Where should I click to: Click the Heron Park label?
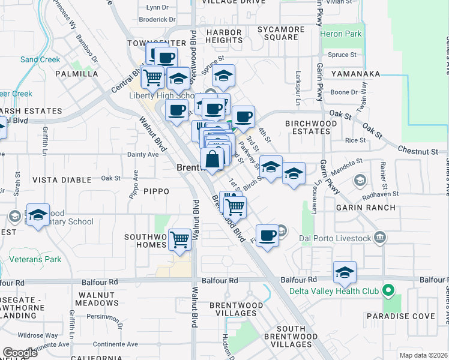(x=341, y=34)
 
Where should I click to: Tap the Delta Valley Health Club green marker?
(x=388, y=291)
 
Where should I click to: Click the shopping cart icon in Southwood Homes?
(x=180, y=239)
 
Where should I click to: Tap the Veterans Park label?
(x=35, y=260)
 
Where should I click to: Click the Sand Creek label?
(x=40, y=59)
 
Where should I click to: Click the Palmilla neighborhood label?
(x=76, y=74)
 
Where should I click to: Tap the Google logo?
(x=20, y=352)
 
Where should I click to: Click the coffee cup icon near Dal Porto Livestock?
(x=267, y=235)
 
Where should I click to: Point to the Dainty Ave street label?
(x=143, y=154)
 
